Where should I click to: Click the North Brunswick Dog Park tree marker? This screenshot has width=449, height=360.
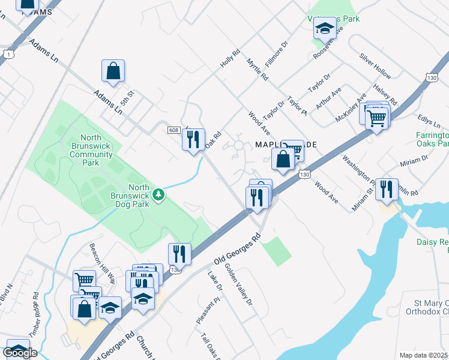click(x=158, y=194)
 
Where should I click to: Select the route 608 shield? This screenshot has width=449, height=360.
click(x=174, y=130)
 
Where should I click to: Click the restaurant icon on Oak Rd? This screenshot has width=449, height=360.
click(x=193, y=140)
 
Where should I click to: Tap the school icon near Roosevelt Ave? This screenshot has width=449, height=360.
click(x=325, y=28)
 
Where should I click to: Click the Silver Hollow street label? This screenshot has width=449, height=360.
click(x=375, y=66)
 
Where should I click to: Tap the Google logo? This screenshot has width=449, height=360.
click(x=20, y=353)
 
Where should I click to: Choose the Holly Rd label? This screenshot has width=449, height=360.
click(x=230, y=58)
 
